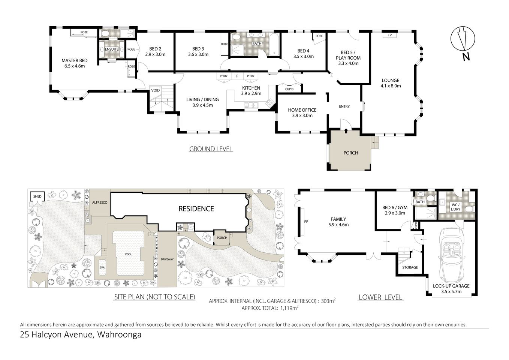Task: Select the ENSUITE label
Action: [111, 49]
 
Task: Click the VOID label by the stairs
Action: [155, 90]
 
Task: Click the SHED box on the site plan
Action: [37, 196]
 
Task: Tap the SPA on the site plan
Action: [102, 267]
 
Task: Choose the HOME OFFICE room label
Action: [302, 110]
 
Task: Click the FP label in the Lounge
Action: [389, 35]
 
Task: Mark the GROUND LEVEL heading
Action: [211, 149]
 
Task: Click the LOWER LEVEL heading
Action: [380, 297]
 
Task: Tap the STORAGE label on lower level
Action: [410, 267]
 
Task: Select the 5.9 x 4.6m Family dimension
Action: [338, 225]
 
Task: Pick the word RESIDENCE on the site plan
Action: [196, 208]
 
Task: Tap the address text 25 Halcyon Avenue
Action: [57, 334]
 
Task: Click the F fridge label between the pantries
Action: [237, 76]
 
